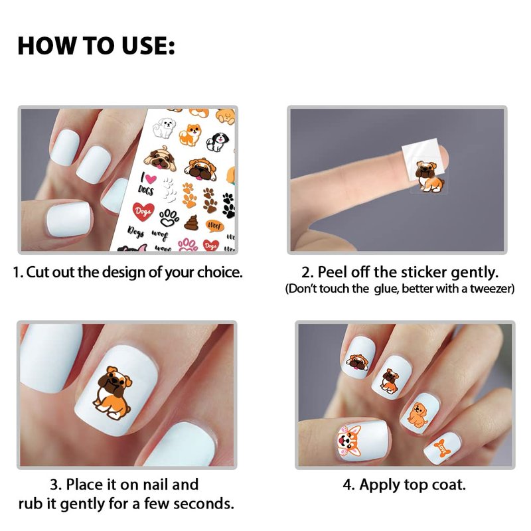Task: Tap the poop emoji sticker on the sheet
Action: point(191,222)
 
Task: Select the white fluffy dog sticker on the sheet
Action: point(164,127)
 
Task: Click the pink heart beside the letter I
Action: point(150,179)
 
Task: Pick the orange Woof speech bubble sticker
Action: point(214,226)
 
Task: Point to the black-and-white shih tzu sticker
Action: point(217,141)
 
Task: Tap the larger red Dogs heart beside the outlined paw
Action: point(143,212)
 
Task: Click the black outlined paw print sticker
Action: point(169,218)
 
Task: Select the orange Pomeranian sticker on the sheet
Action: point(190,135)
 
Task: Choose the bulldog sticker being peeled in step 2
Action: point(429,177)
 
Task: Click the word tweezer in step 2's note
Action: point(492,289)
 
